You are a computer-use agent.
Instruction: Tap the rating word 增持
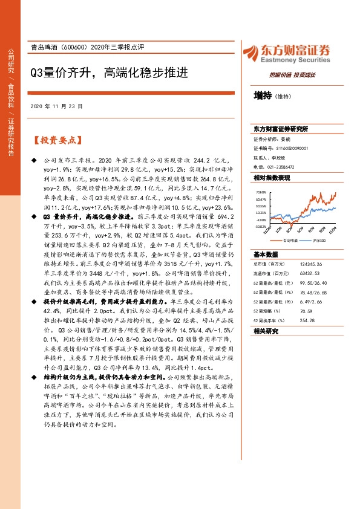[x=262, y=95]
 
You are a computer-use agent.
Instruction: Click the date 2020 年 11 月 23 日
[x=56, y=106]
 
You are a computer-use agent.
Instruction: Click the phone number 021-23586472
[x=278, y=167]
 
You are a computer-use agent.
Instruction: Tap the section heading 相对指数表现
[x=272, y=178]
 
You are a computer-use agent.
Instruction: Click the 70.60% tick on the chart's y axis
[x=261, y=192]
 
